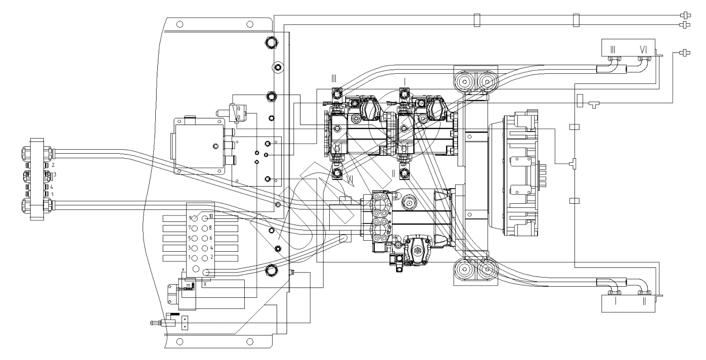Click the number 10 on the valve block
[x=211, y=216]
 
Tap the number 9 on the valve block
[x=190, y=218]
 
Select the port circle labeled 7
[x=195, y=228]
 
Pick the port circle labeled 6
[x=205, y=238]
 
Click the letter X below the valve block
[x=204, y=284]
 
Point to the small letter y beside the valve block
[x=183, y=268]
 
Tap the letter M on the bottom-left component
[x=188, y=286]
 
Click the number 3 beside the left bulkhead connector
[x=54, y=174]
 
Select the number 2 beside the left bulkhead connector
[x=53, y=165]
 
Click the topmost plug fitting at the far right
[x=686, y=16]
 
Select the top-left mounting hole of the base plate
[x=179, y=24]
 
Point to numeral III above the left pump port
[x=334, y=79]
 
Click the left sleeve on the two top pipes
[x=476, y=20]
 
